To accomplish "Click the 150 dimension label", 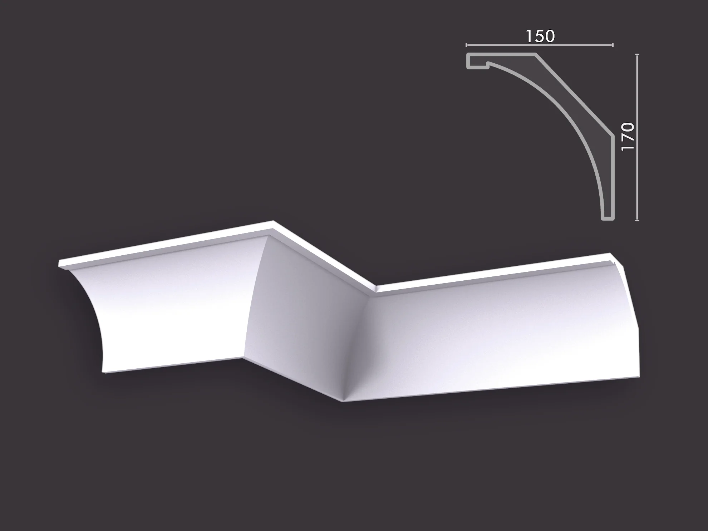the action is tap(540, 36).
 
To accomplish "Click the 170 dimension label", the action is tap(628, 137).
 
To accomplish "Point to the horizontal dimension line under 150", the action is tap(540, 45).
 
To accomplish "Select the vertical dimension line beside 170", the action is tap(637, 137).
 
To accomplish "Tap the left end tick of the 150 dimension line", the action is tap(466, 45).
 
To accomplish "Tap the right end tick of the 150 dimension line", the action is tap(613, 45).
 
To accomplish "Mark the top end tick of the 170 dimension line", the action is tap(637, 54).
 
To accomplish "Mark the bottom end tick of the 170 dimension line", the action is tap(637, 221).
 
